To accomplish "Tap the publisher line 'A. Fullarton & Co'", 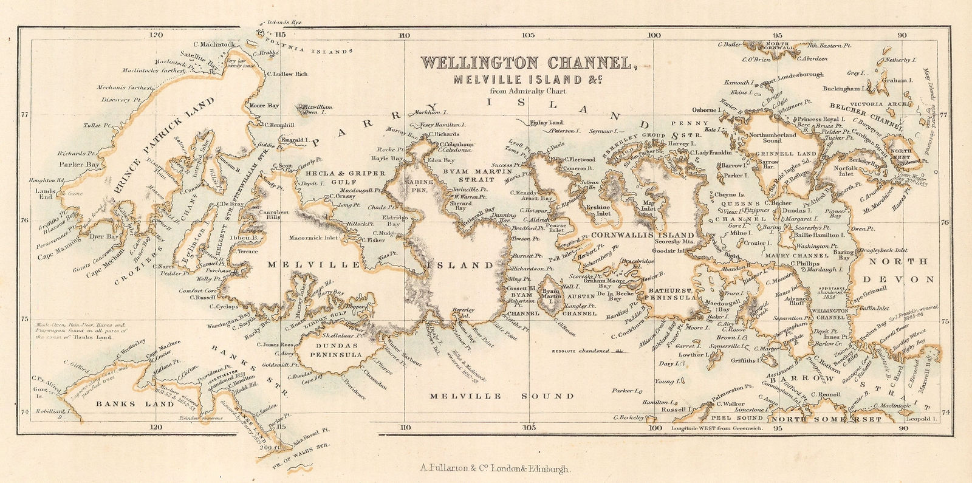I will [495, 468].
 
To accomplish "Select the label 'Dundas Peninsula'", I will [336, 350].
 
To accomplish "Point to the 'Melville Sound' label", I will [501, 396].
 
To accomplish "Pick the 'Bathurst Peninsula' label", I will [671, 293].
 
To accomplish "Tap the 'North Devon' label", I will [901, 270].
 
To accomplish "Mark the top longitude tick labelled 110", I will [403, 35].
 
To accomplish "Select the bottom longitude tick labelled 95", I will [778, 428].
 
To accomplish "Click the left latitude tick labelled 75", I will [25, 320].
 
